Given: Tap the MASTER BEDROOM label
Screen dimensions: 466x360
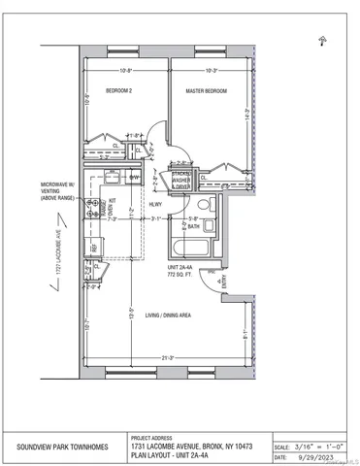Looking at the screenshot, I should click(206, 90).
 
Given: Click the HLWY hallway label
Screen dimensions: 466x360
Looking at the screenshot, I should click(154, 205).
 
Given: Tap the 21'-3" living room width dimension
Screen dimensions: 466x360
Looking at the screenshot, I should click(165, 357).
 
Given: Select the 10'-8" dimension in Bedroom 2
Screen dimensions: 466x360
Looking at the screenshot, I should click(126, 71).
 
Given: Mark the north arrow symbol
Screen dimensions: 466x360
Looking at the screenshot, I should click(321, 40).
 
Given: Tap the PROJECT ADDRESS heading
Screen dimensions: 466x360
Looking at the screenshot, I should click(152, 437).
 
